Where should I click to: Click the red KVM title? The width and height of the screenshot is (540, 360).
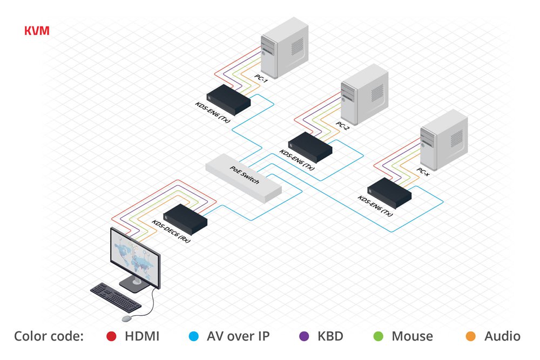coord(37,31)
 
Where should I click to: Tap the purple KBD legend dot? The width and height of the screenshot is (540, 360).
coord(304,337)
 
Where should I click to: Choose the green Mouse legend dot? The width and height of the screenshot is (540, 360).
coord(378,337)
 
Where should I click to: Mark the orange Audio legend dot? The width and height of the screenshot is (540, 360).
coord(471,337)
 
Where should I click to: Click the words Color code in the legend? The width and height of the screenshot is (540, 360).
coord(49,337)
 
